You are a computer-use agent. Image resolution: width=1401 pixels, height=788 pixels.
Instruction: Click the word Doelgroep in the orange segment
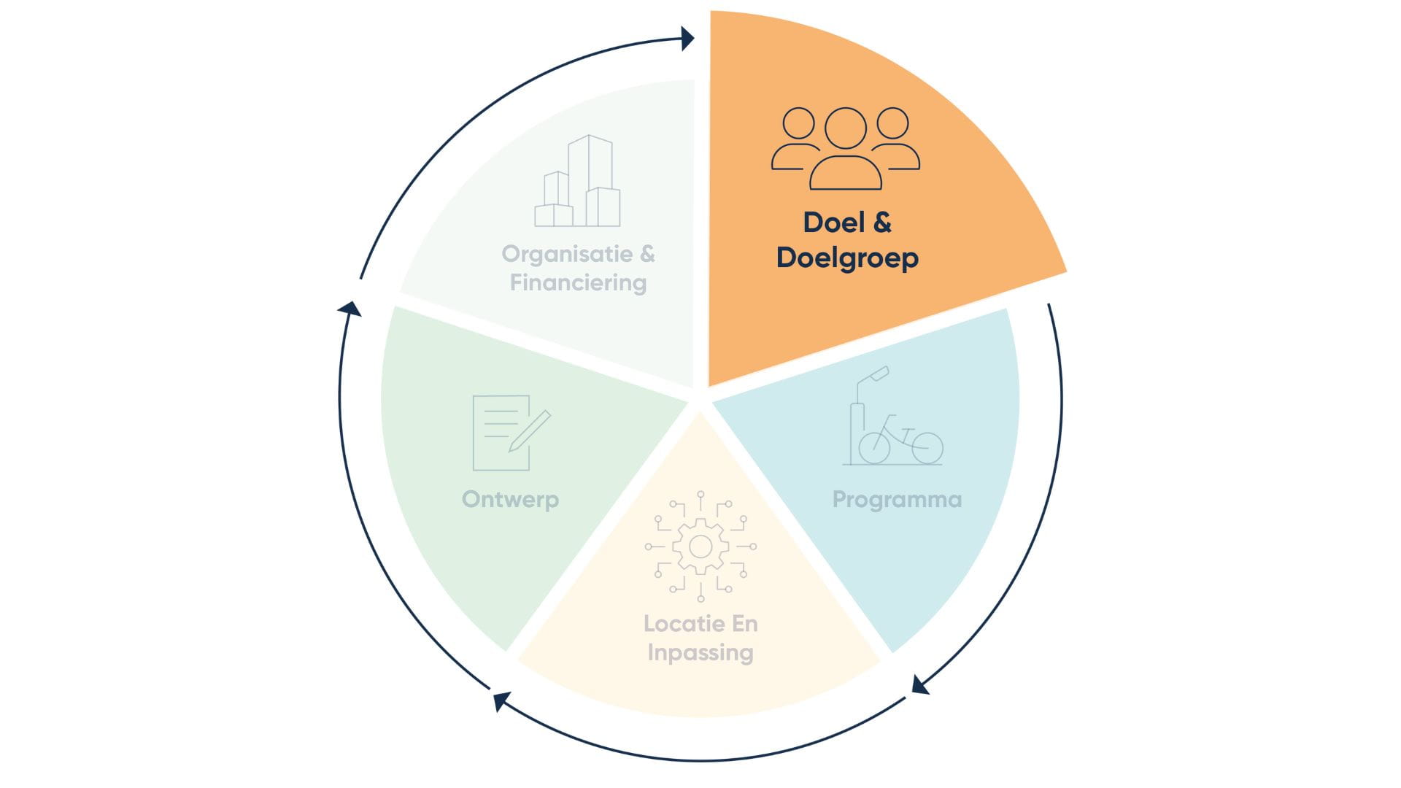847,258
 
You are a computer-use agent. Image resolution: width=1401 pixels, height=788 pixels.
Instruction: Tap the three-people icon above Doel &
846,149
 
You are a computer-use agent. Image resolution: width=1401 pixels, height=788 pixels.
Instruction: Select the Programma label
897,500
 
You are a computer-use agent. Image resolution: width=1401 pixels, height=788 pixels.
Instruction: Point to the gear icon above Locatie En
700,546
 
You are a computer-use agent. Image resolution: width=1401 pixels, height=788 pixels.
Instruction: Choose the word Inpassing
700,652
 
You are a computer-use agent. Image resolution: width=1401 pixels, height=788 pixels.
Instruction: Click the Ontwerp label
510,500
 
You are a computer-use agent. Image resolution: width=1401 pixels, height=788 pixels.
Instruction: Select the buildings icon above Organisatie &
578,182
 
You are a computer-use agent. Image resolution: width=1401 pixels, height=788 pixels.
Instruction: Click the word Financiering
578,283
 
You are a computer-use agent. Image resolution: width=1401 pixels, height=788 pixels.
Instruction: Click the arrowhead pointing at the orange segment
687,38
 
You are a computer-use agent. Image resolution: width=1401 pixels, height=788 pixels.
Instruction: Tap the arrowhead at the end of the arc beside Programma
920,685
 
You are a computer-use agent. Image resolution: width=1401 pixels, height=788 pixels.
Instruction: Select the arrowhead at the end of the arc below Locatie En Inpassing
501,701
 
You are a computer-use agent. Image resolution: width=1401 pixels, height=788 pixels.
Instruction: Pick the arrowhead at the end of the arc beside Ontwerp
351,309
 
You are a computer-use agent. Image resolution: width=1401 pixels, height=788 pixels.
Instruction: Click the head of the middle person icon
846,128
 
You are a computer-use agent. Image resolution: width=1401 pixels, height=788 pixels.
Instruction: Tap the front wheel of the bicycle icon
927,447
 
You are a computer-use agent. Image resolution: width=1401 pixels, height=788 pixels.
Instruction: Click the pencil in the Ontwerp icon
531,430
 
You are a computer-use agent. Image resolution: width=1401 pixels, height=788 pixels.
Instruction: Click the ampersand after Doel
882,223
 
